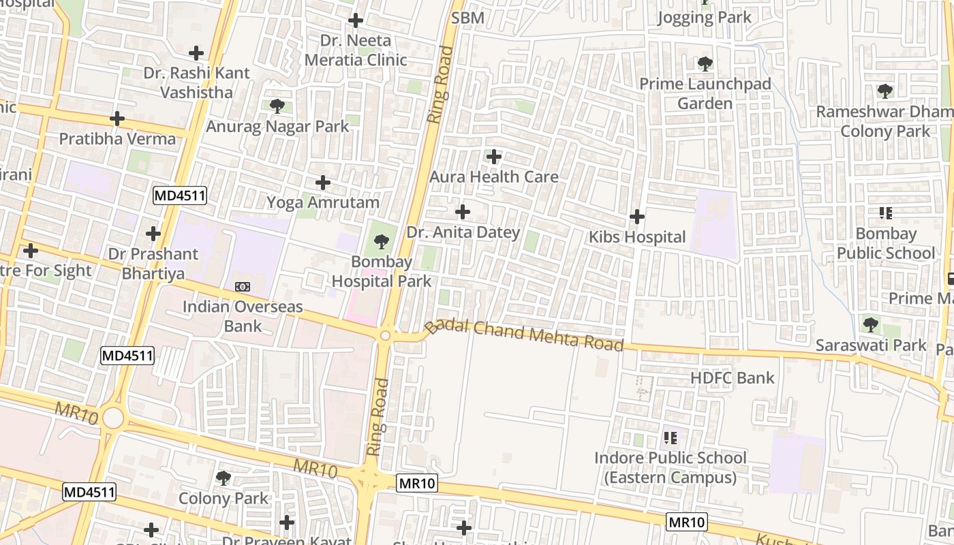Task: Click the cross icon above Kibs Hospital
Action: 637,217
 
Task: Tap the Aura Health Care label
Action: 493,177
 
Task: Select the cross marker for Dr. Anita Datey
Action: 463,212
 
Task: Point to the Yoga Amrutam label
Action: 323,202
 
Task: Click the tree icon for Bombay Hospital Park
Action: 382,241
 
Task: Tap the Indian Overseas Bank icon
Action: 242,287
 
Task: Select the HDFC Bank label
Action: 733,378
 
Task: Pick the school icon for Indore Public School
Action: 670,437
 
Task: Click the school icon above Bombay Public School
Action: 886,213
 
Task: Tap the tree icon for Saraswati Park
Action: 870,324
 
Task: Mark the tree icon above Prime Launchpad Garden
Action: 705,64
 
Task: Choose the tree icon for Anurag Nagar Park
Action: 277,106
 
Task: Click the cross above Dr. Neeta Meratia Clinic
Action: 355,20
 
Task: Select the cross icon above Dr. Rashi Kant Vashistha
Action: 196,52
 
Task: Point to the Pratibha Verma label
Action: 117,139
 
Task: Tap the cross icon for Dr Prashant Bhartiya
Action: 153,234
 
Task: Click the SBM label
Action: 467,18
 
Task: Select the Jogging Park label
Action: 704,18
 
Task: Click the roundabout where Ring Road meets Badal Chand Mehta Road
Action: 386,335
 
